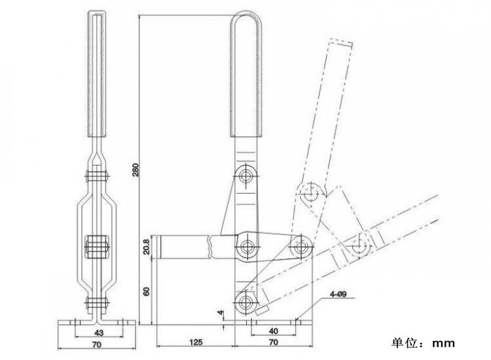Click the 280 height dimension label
click(x=136, y=170)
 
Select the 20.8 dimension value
click(x=146, y=247)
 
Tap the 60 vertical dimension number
click(x=146, y=291)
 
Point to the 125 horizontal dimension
click(x=196, y=342)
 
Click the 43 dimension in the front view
click(x=99, y=333)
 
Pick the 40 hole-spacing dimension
click(x=274, y=331)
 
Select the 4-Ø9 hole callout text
click(x=338, y=295)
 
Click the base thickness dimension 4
click(x=221, y=312)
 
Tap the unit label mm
click(x=443, y=344)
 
